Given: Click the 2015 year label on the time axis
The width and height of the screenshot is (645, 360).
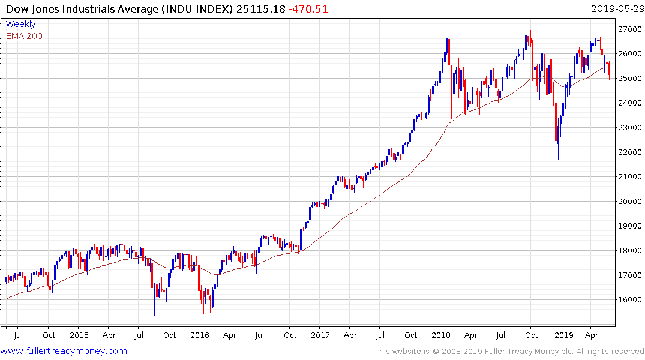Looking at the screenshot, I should point(79,335).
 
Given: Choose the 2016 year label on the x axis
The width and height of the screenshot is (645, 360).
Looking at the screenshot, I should point(200,335).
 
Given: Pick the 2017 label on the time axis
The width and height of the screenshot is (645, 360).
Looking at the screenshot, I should point(320,335).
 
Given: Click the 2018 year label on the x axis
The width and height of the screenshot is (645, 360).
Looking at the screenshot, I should point(441,335).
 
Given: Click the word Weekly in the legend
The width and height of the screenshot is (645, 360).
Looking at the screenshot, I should point(20,24).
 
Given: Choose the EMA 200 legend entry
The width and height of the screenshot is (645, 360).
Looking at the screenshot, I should point(24,36).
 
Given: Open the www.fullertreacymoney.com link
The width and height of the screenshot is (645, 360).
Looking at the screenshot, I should point(64,351).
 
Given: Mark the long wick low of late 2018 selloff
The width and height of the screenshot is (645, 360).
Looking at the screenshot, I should point(558,159).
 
